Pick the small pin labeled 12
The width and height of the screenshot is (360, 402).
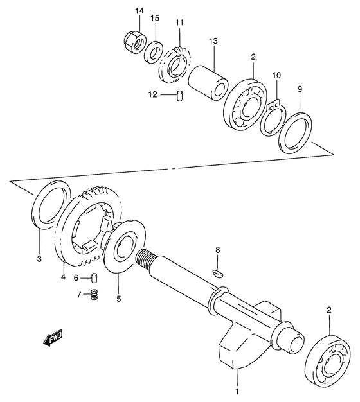tap(181, 96)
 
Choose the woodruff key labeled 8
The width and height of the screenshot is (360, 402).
tap(218, 272)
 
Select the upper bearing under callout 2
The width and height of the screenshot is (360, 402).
tap(246, 105)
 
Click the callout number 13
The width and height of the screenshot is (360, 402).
tap(213, 41)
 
